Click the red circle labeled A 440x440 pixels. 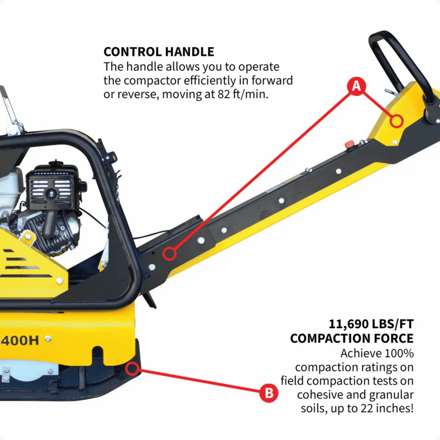(x=356, y=86)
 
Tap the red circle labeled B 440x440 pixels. (x=269, y=393)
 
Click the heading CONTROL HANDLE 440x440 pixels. (x=159, y=52)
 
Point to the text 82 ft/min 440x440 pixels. (x=243, y=94)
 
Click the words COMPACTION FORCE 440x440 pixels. (x=352, y=339)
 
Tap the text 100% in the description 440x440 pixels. (x=399, y=354)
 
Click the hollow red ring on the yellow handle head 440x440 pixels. (x=397, y=121)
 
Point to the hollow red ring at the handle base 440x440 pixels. (x=169, y=254)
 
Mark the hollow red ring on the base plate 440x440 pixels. (x=132, y=369)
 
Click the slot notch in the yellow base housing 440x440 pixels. (x=97, y=355)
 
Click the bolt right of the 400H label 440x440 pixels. (x=48, y=339)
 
